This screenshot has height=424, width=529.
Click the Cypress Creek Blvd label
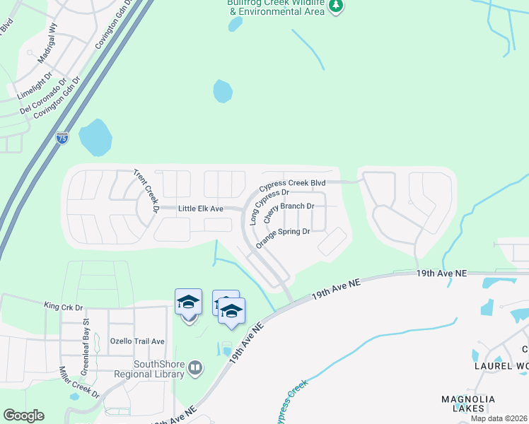(x=286, y=185)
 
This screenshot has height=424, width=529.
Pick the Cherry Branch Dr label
(x=289, y=213)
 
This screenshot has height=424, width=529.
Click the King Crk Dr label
(x=64, y=307)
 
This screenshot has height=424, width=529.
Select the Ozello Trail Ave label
(x=136, y=341)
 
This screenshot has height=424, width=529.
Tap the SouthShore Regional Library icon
(x=195, y=367)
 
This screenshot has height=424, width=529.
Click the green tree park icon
(x=337, y=6)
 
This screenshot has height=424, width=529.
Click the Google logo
(x=24, y=416)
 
